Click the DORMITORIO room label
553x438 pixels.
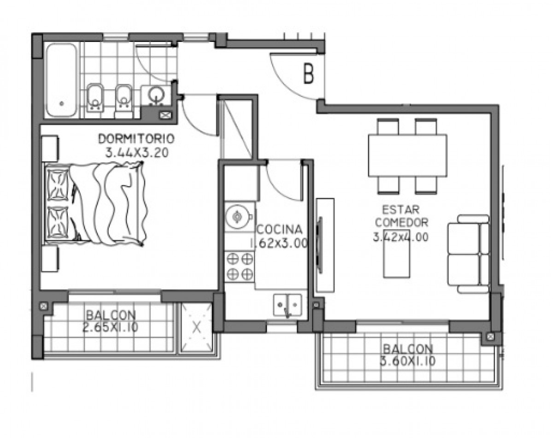[x=136, y=139]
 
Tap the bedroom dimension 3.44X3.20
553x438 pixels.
[x=137, y=153]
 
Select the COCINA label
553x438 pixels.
[x=280, y=230]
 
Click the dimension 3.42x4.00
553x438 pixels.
[x=400, y=237]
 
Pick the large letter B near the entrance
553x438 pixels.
[x=308, y=74]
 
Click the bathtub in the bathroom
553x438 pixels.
[x=61, y=80]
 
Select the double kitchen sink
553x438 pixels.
[x=288, y=305]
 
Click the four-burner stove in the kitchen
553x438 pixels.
[x=240, y=266]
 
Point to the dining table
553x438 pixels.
[x=407, y=155]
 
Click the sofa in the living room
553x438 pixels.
[x=468, y=254]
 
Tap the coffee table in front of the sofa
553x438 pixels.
[x=396, y=253]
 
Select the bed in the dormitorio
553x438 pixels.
[x=95, y=203]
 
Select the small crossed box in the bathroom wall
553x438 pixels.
[x=164, y=114]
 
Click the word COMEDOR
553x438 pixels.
[x=402, y=223]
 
